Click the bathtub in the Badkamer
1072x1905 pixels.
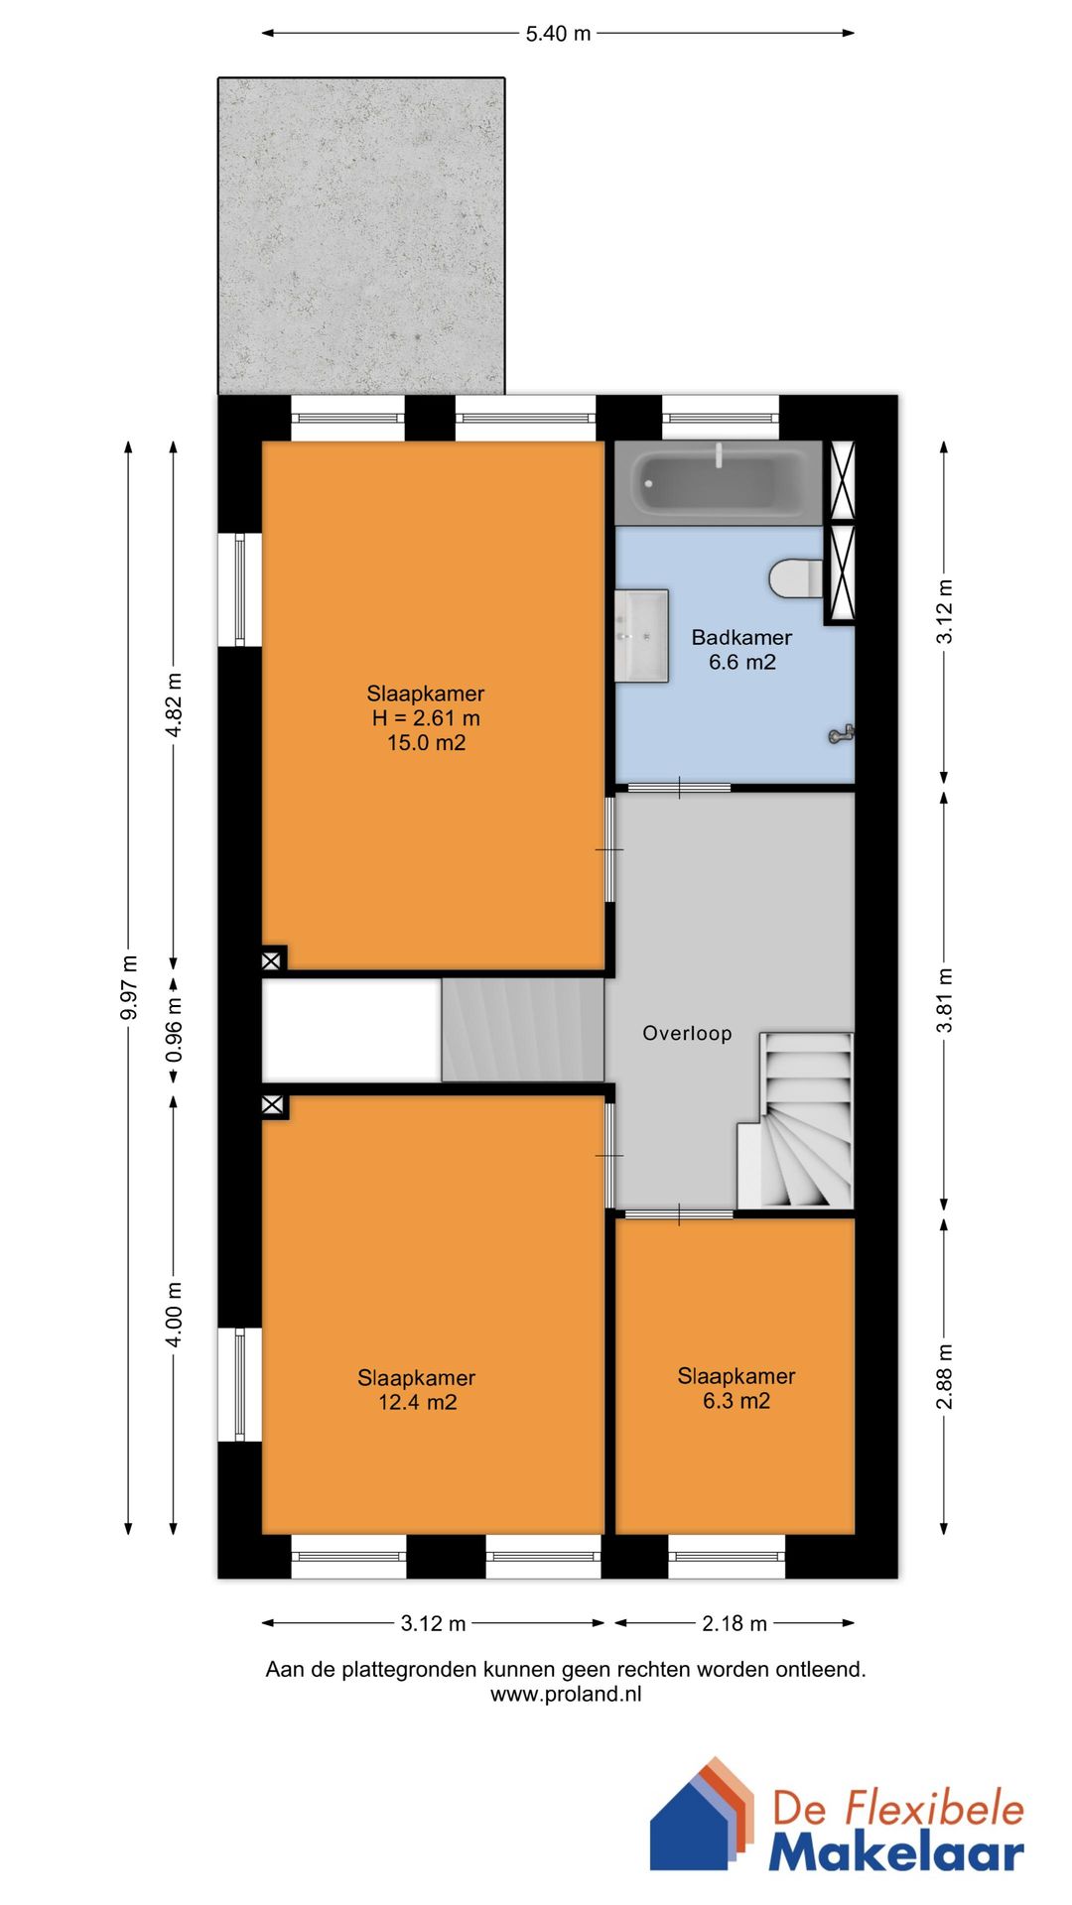719,483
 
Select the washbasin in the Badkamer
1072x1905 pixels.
641,636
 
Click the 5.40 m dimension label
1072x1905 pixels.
558,34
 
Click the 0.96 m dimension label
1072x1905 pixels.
175,1028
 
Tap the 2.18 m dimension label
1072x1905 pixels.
735,1623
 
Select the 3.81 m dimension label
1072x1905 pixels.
945,1000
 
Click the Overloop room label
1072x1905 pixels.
687,1033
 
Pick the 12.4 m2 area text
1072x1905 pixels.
418,1402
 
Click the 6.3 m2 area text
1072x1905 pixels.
737,1400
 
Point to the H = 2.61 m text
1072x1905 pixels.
426,717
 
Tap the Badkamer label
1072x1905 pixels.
741,637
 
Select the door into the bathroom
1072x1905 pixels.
680,788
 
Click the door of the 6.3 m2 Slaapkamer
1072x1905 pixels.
680,1213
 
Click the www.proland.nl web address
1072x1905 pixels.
566,1694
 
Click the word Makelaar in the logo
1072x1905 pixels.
896,1851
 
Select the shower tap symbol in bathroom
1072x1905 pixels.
842,734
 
